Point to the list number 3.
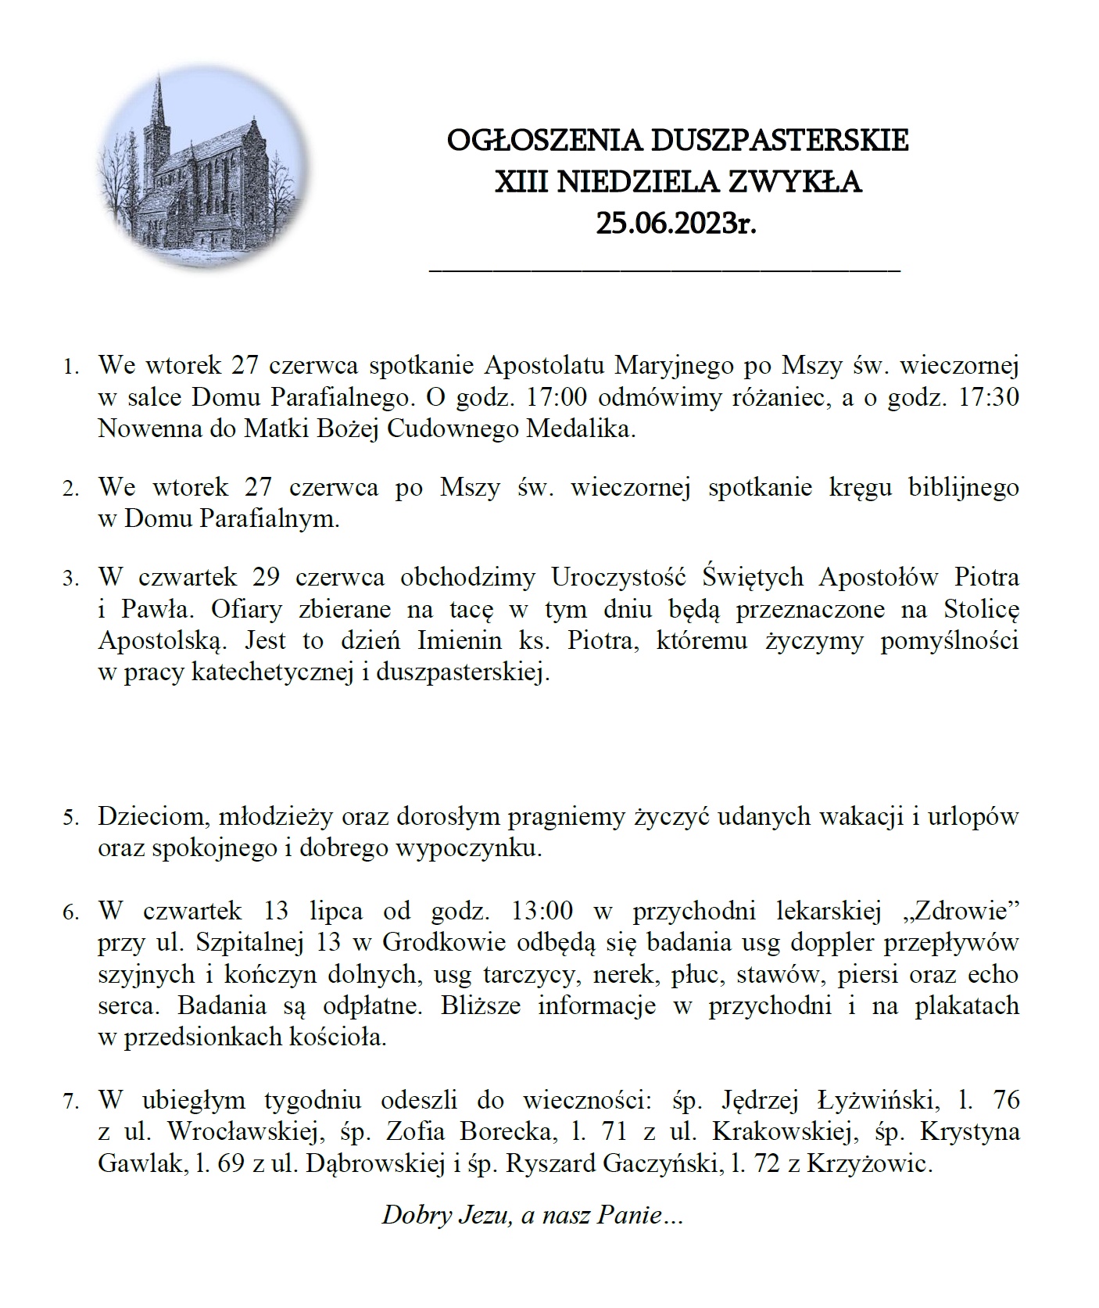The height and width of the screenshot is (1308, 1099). pos(71,579)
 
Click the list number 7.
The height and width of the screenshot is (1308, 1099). pos(71,1102)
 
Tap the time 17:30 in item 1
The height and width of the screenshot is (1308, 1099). pos(991,397)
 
